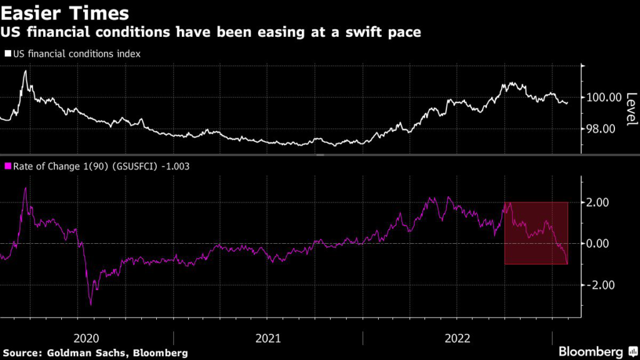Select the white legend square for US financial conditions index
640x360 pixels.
7,54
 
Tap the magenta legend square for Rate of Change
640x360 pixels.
7,166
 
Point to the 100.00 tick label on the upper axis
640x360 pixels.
604,97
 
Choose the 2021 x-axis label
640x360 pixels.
268,337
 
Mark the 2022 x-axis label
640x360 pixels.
457,337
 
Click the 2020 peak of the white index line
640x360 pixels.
26,71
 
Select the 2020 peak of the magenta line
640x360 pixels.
25,188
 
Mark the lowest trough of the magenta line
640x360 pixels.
91,305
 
